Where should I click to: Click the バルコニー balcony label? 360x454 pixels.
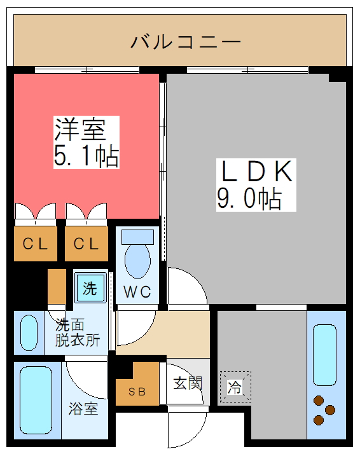[x=186, y=43]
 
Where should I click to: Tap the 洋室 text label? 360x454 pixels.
[x=79, y=130]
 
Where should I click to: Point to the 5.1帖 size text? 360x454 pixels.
[x=86, y=156]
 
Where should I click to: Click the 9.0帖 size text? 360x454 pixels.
[x=249, y=199]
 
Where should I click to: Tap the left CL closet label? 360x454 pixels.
[x=36, y=244]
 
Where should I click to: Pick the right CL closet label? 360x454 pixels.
[x=86, y=244]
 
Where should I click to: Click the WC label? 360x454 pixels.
[x=137, y=292]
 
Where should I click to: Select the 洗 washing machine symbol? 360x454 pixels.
[x=90, y=289]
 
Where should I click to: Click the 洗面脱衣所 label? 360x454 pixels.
[x=77, y=332]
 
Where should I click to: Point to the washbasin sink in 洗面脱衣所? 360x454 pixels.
[x=29, y=333]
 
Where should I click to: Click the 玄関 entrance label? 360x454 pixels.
[x=188, y=384]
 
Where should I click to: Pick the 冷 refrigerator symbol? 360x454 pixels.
[x=235, y=387]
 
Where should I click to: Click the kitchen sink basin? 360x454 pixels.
[x=324, y=355]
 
